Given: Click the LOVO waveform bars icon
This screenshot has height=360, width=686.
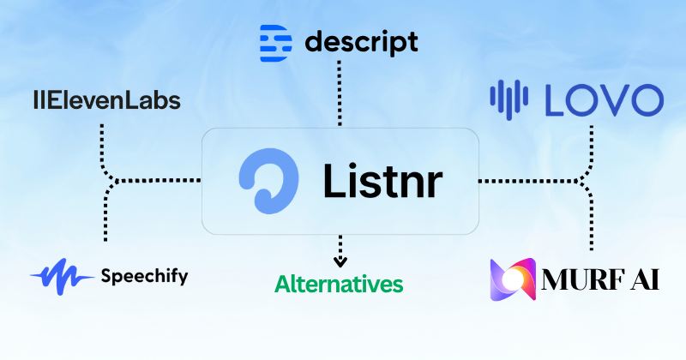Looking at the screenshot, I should pos(510,99).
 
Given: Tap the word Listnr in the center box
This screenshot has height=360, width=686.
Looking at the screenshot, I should pos(384,180).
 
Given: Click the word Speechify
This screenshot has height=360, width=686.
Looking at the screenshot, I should pos(143,276).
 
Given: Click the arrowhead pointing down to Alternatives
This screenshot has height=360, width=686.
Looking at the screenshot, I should pos(340,261).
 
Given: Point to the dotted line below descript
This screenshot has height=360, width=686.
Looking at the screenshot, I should pos(340,94).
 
